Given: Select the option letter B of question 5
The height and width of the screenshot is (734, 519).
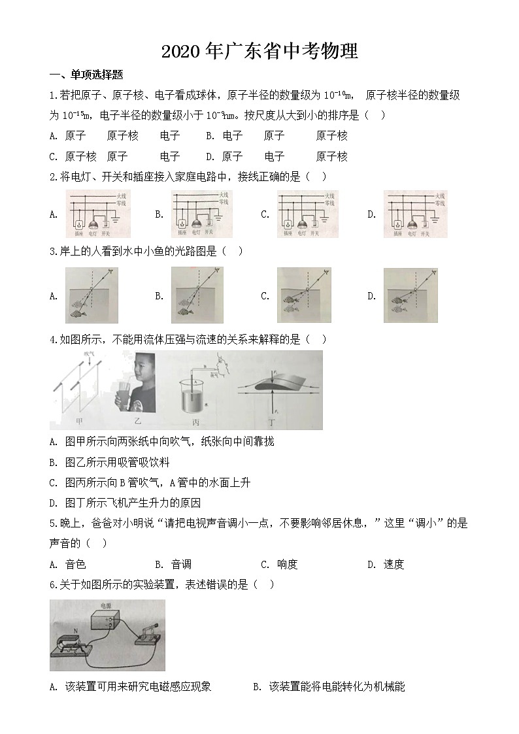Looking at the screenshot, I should click(159, 564).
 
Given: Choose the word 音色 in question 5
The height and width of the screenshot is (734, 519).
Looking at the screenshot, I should click(76, 564).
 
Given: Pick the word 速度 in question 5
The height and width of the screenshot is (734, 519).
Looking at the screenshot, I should click(393, 564).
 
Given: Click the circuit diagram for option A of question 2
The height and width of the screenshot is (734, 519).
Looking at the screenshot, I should click(97, 213).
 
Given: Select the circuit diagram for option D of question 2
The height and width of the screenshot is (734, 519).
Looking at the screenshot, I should click(414, 213).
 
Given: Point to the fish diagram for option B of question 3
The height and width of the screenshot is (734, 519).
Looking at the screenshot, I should click(197, 295).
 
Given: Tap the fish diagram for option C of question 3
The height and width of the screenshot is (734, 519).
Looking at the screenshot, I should click(303, 295).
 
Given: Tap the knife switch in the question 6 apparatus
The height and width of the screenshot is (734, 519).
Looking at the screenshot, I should click(147, 633).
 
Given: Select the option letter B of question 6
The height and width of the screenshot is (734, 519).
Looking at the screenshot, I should click(256, 687).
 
